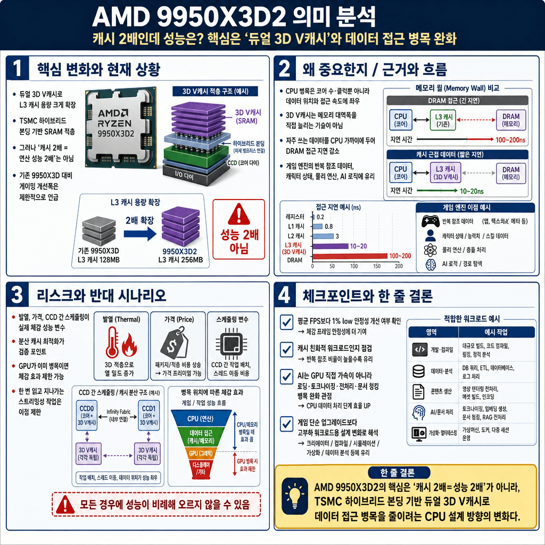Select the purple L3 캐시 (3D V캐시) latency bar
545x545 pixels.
[330, 246]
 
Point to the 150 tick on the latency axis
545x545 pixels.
[376, 266]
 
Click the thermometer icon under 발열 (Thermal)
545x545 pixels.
[112, 342]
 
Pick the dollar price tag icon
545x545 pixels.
[175, 342]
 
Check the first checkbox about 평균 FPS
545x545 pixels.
[287, 321]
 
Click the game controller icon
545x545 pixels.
[430, 221]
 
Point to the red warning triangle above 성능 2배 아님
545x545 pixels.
[238, 215]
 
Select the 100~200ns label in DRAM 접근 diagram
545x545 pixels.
[510, 139]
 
